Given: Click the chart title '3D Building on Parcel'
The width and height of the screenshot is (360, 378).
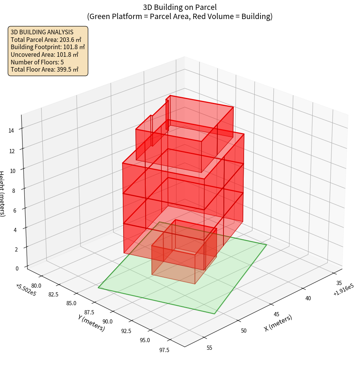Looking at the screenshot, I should tap(180, 7).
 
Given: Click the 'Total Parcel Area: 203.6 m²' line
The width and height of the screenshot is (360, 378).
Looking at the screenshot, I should tap(46, 40).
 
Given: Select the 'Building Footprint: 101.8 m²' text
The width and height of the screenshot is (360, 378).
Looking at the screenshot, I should tap(48, 47).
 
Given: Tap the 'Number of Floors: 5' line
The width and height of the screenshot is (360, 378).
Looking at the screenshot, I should tap(37, 62).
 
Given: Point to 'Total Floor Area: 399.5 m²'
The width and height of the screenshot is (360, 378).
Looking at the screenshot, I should tap(45, 70).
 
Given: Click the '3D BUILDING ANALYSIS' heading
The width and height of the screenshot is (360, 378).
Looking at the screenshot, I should tap(42, 32).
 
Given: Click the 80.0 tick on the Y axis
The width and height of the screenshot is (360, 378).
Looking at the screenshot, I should tap(37, 285).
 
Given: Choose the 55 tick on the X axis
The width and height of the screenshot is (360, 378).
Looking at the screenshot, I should tap(209, 348).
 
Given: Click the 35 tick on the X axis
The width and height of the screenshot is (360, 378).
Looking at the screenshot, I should tap(339, 283).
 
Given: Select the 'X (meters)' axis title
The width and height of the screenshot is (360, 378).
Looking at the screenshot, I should tap(278, 323).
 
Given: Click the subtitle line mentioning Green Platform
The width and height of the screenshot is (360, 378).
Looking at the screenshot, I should tap(180, 16).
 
